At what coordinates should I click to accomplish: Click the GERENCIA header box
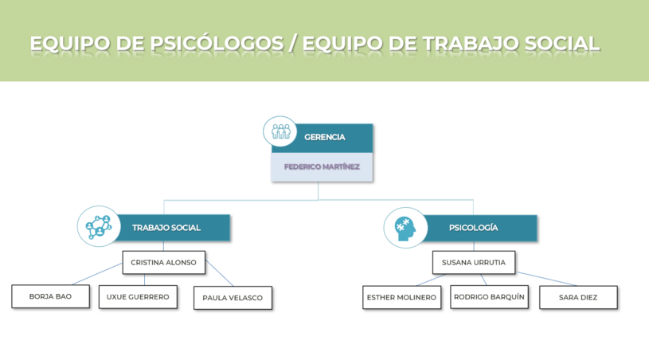coord(324,137)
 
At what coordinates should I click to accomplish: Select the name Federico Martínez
coord(322,167)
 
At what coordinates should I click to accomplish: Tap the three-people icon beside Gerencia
coord(280,131)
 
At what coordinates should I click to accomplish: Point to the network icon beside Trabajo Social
coord(98,226)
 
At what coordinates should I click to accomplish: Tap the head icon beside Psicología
coord(405,227)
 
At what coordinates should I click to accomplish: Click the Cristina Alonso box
coord(163,263)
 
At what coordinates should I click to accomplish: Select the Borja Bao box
coord(50,296)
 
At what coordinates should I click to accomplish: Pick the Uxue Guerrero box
coord(138,296)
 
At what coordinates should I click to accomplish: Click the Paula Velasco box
coord(233,298)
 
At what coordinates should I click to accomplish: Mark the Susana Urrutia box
coord(473,263)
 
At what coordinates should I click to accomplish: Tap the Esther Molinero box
coord(401,297)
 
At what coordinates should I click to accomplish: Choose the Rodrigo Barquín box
coord(489,297)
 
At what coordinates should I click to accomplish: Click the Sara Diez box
coord(578,297)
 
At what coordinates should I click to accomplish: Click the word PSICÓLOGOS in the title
coord(216,44)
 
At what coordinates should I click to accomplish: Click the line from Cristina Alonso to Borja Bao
coord(97,274)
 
